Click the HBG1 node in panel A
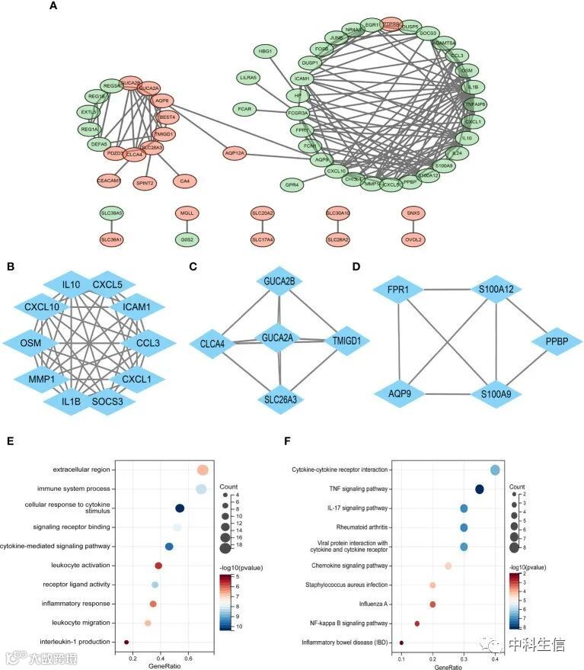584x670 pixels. [x=265, y=51]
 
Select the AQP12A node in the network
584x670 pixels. [x=235, y=153]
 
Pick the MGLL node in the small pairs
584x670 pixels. [x=187, y=213]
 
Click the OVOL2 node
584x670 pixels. [x=416, y=239]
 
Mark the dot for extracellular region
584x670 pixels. [x=202, y=470]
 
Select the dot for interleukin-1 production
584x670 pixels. [x=126, y=643]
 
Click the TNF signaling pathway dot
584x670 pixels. [x=480, y=489]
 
